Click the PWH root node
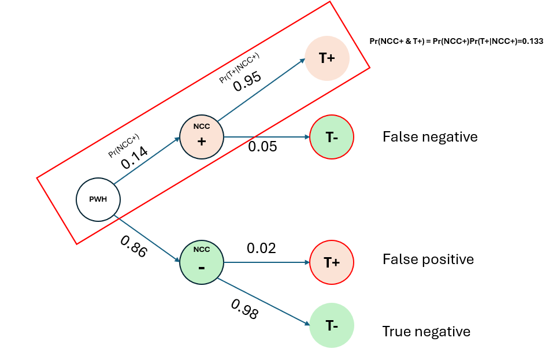98,200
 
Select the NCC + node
201,137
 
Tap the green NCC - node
201,263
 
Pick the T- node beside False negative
332,137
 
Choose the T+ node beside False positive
332,262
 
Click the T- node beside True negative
332,325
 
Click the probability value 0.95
247,80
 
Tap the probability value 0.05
262,147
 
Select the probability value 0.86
133,245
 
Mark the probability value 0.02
261,248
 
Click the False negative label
430,137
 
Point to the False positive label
428,259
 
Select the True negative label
426,332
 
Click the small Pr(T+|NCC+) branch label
239,68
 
